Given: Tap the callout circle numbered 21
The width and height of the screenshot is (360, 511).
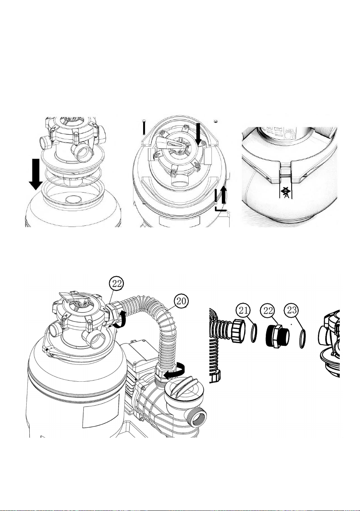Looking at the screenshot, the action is click(x=243, y=311).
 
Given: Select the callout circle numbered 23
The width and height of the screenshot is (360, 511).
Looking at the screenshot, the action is click(x=292, y=311).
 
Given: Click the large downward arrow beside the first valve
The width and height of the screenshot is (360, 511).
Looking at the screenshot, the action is click(x=36, y=174).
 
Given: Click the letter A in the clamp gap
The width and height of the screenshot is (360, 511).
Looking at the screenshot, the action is click(x=286, y=196).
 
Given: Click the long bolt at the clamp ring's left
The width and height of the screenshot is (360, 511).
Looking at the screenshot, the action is click(x=144, y=127).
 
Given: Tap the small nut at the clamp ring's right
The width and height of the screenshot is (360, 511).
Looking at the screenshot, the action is click(x=215, y=121).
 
